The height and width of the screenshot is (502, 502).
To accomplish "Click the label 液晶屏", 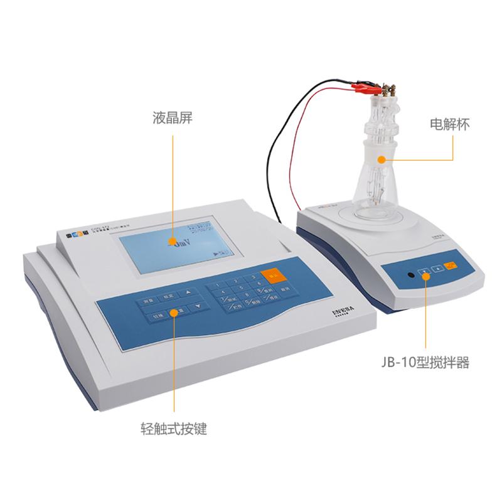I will tap(172, 118).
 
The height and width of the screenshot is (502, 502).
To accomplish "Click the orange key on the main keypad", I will tap(272, 275).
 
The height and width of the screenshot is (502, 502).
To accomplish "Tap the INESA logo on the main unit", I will tap(340, 312).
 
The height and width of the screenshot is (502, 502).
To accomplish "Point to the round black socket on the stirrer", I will tap(410, 275).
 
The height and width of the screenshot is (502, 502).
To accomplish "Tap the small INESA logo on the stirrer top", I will tap(439, 237).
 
